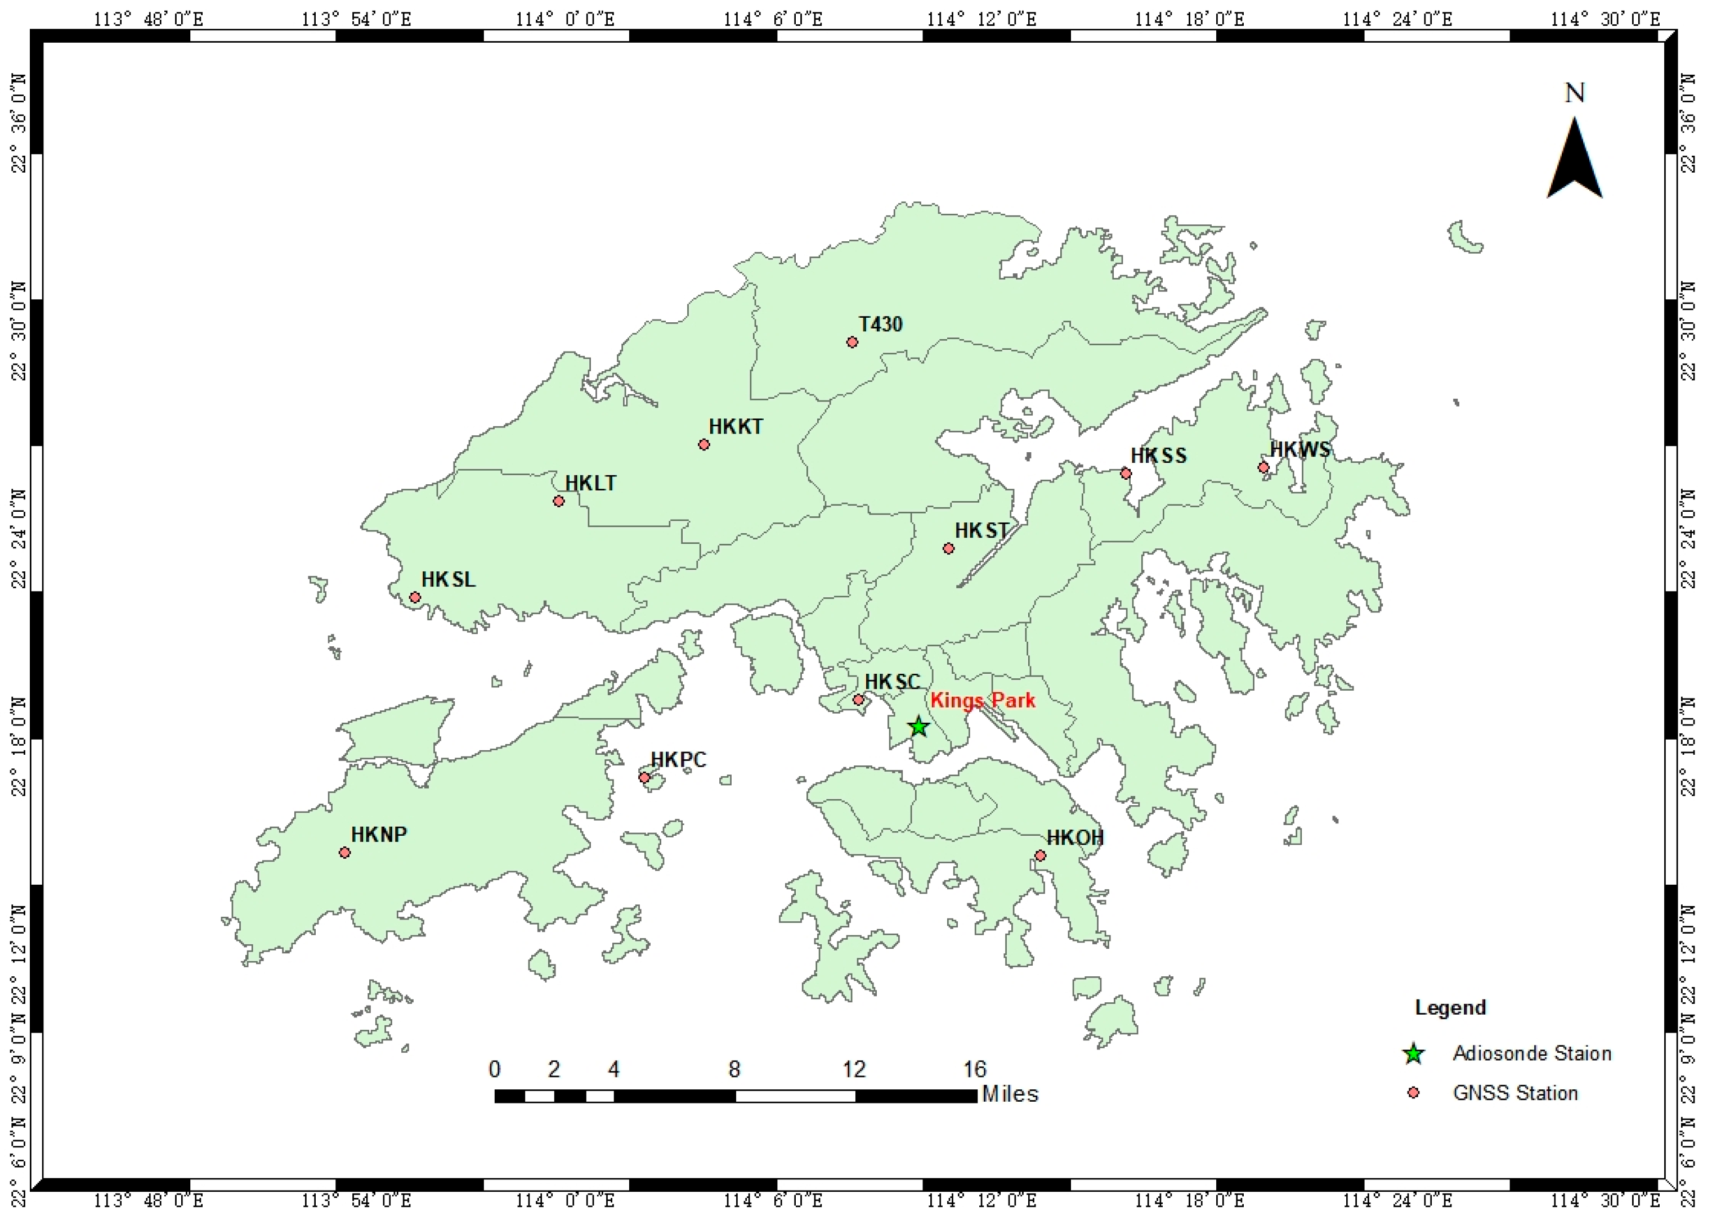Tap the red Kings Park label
983,700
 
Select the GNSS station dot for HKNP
344,853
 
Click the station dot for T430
852,342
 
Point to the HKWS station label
1300,449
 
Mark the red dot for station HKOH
1040,855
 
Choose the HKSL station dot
414,598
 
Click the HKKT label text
736,426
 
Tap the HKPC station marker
644,777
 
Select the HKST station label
982,530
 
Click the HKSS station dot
1126,473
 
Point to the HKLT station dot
559,501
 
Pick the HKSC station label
892,681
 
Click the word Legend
1450,1007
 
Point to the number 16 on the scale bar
974,1069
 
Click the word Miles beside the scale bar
1010,1094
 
